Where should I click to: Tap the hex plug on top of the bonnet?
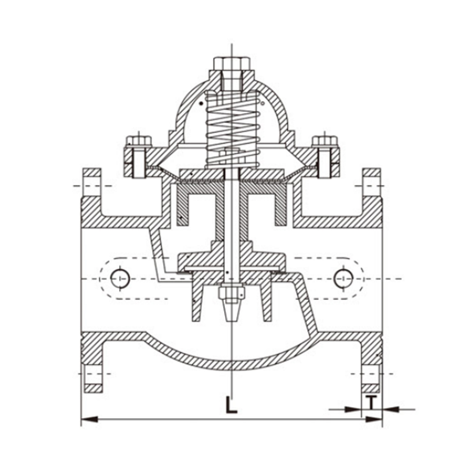point(232,64)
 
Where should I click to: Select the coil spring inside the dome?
point(232,130)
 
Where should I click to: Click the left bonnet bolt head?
point(139,142)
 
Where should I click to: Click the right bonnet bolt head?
point(325,142)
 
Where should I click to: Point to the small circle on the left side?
point(120,278)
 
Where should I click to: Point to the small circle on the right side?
point(343,278)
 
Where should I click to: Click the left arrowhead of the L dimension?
point(90,419)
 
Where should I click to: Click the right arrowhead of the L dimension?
point(374,419)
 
